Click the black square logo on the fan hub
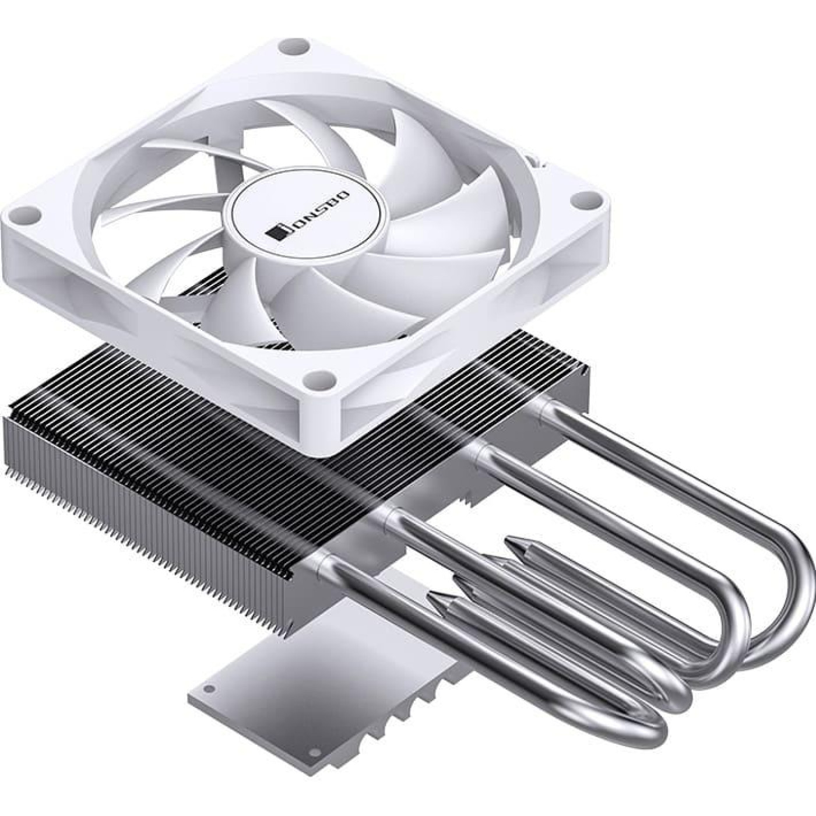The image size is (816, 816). [x=274, y=231]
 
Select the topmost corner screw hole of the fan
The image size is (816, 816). [x=287, y=44]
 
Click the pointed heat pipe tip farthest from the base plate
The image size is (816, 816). [x=513, y=542]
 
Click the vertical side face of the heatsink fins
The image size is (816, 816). [x=146, y=513]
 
